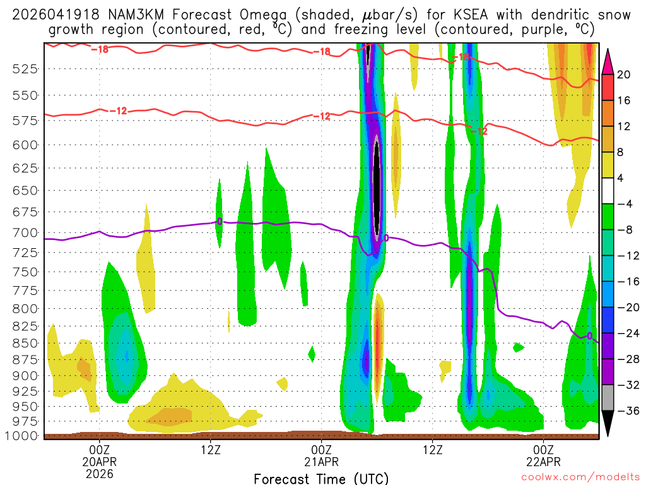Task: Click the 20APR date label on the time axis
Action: click(x=100, y=461)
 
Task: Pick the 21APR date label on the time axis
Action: click(x=322, y=461)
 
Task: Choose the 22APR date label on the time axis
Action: click(x=544, y=461)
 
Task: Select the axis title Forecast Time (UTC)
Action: click(x=321, y=478)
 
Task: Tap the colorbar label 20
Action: click(x=624, y=75)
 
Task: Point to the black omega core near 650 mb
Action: click(x=377, y=189)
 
